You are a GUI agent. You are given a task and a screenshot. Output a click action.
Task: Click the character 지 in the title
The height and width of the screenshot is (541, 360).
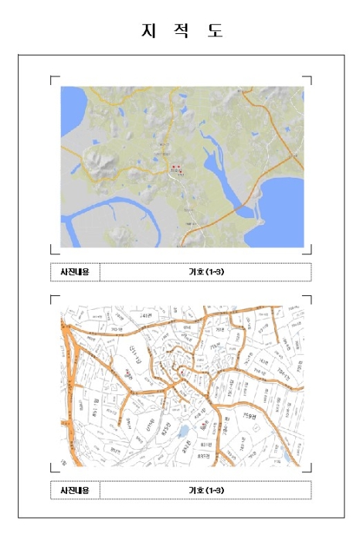[x=146, y=31]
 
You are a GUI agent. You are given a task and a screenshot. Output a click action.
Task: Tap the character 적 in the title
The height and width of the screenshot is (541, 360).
[x=180, y=31]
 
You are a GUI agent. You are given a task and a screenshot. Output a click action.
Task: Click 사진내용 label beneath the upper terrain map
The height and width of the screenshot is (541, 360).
[x=75, y=272]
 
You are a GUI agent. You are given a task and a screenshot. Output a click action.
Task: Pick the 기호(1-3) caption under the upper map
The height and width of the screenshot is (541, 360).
[x=206, y=272]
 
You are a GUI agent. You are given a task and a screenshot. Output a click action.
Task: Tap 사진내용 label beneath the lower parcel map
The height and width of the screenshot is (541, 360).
[x=75, y=490]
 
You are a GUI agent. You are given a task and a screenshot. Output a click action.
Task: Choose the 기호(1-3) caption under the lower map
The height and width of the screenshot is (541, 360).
[x=206, y=490]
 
